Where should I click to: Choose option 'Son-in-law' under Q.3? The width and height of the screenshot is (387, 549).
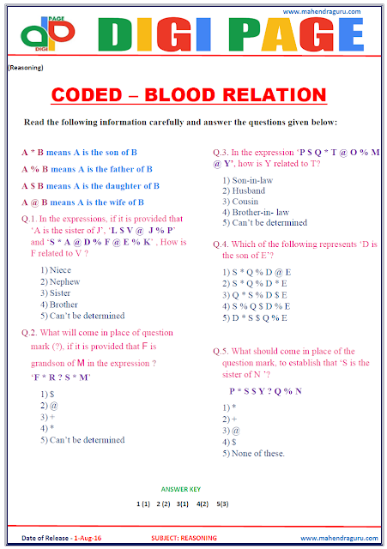point(252,179)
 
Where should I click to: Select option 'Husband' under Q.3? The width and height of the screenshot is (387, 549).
point(249,190)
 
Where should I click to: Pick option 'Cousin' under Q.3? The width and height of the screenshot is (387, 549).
point(247,201)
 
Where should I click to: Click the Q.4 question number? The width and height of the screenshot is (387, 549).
point(220,243)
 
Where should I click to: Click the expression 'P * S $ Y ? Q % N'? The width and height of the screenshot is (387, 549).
point(266,390)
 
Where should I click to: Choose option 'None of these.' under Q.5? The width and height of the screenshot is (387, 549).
point(257,453)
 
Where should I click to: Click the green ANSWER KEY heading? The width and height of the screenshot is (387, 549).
point(181,487)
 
